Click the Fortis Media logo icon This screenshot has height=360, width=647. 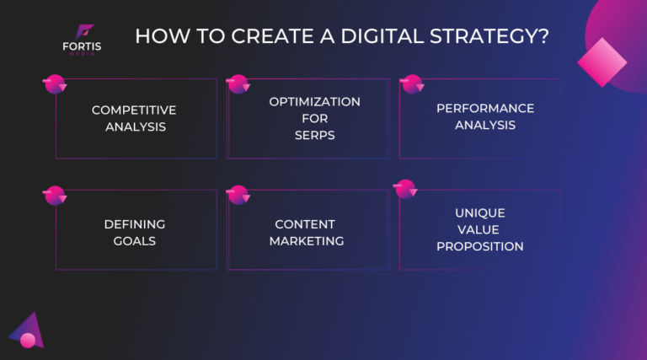pyautogui.click(x=81, y=31)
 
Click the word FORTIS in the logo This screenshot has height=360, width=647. pyautogui.click(x=81, y=46)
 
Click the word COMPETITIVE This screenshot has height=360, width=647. pyautogui.click(x=134, y=110)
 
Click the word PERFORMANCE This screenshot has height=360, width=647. pyautogui.click(x=484, y=109)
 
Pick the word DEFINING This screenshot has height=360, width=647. pyautogui.click(x=134, y=224)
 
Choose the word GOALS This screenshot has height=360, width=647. pyautogui.click(x=134, y=241)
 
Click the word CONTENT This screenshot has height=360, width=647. pyautogui.click(x=305, y=224)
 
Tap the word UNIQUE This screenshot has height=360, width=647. pyautogui.click(x=479, y=213)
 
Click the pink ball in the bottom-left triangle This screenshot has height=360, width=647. pyautogui.click(x=28, y=340)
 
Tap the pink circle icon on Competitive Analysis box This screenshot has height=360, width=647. pyautogui.click(x=54, y=83)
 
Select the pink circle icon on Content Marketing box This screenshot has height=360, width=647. pyautogui.click(x=238, y=194)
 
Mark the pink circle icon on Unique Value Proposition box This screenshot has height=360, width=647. pyautogui.click(x=405, y=189)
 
